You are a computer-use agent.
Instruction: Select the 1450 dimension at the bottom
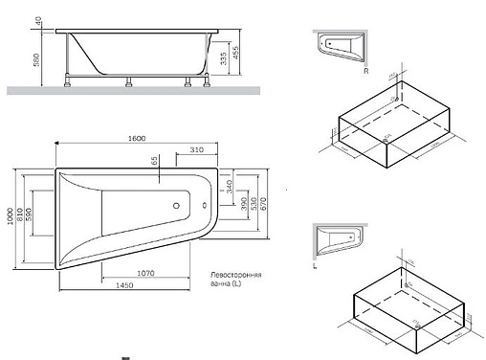(145, 286)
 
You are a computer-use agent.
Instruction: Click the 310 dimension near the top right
(197, 151)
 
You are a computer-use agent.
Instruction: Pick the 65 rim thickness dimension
(154, 164)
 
